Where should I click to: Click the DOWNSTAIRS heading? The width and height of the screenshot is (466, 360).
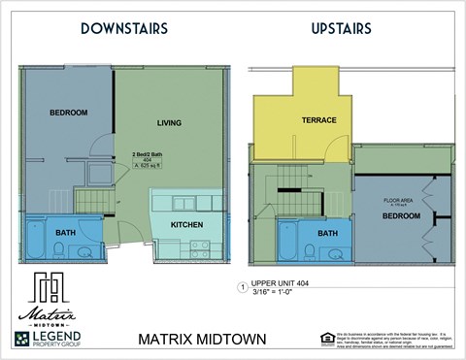pos(124,29)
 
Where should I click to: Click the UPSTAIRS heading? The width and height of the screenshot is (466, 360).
pos(341,29)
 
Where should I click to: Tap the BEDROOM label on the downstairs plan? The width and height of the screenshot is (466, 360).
pos(68,113)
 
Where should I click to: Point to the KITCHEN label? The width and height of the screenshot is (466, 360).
pos(186,224)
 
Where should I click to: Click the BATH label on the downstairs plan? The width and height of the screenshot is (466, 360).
pos(65,233)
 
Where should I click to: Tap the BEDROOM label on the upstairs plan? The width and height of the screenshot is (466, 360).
pos(400,216)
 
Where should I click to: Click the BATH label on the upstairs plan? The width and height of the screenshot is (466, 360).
pos(327,233)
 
